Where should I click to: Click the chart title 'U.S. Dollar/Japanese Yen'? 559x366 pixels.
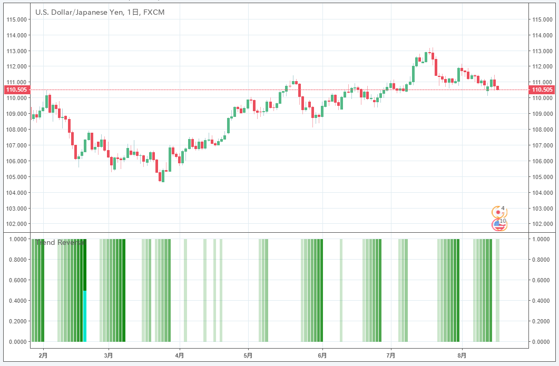(79, 12)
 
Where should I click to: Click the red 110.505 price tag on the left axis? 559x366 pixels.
(16, 90)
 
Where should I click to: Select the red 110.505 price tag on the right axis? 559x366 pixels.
(543, 90)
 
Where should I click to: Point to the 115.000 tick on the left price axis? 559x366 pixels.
(16, 19)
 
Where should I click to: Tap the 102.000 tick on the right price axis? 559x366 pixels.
(543, 224)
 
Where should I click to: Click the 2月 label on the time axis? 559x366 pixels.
(43, 355)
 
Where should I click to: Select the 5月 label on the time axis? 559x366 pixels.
(248, 355)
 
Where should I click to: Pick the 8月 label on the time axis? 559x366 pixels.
(462, 355)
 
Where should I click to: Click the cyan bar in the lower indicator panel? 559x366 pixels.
(85, 316)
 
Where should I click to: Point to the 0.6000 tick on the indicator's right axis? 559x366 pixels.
(543, 280)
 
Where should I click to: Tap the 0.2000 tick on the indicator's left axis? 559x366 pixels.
(16, 321)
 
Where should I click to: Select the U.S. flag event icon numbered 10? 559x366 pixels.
(497, 225)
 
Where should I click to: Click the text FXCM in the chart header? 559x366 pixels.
(153, 12)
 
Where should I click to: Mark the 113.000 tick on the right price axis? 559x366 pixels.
(543, 51)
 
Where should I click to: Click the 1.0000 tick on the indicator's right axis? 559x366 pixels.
(543, 239)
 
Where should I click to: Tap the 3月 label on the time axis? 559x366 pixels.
(109, 355)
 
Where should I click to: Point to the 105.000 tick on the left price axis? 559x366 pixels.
(16, 177)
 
